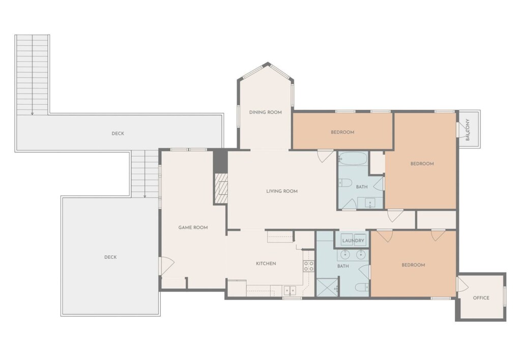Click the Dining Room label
tap(266, 112)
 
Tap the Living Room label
tap(282, 191)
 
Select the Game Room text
tap(193, 227)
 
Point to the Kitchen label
tap(266, 263)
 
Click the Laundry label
tap(353, 241)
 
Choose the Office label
tap(481, 298)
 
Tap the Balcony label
tap(468, 130)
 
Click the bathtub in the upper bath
tap(353, 159)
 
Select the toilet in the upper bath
tap(345, 183)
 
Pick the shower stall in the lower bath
tap(327, 288)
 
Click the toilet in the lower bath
tap(362, 287)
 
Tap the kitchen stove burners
tap(309, 266)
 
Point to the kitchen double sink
tap(290, 290)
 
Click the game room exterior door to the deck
tap(167, 266)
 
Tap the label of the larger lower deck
tap(110, 257)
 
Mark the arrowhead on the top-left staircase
tap(32, 113)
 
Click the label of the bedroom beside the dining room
tap(342, 132)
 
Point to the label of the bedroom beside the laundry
tap(413, 265)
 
